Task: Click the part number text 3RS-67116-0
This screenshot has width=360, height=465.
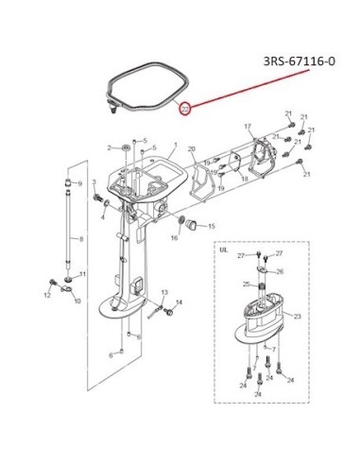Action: pyautogui.click(x=300, y=60)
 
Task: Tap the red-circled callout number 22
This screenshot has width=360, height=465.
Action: pyautogui.click(x=185, y=109)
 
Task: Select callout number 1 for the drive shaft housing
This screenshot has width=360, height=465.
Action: pyautogui.click(x=176, y=145)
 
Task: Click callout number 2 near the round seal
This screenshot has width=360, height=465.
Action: pyautogui.click(x=110, y=147)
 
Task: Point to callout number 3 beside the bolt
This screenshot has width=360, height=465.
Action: pyautogui.click(x=94, y=182)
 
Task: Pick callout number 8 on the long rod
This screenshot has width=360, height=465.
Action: pyautogui.click(x=81, y=239)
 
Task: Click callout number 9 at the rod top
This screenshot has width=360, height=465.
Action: pyautogui.click(x=79, y=183)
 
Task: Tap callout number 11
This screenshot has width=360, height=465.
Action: pyautogui.click(x=82, y=274)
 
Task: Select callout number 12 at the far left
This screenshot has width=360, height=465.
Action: pyautogui.click(x=47, y=295)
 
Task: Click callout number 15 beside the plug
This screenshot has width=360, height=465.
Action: pyautogui.click(x=212, y=226)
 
